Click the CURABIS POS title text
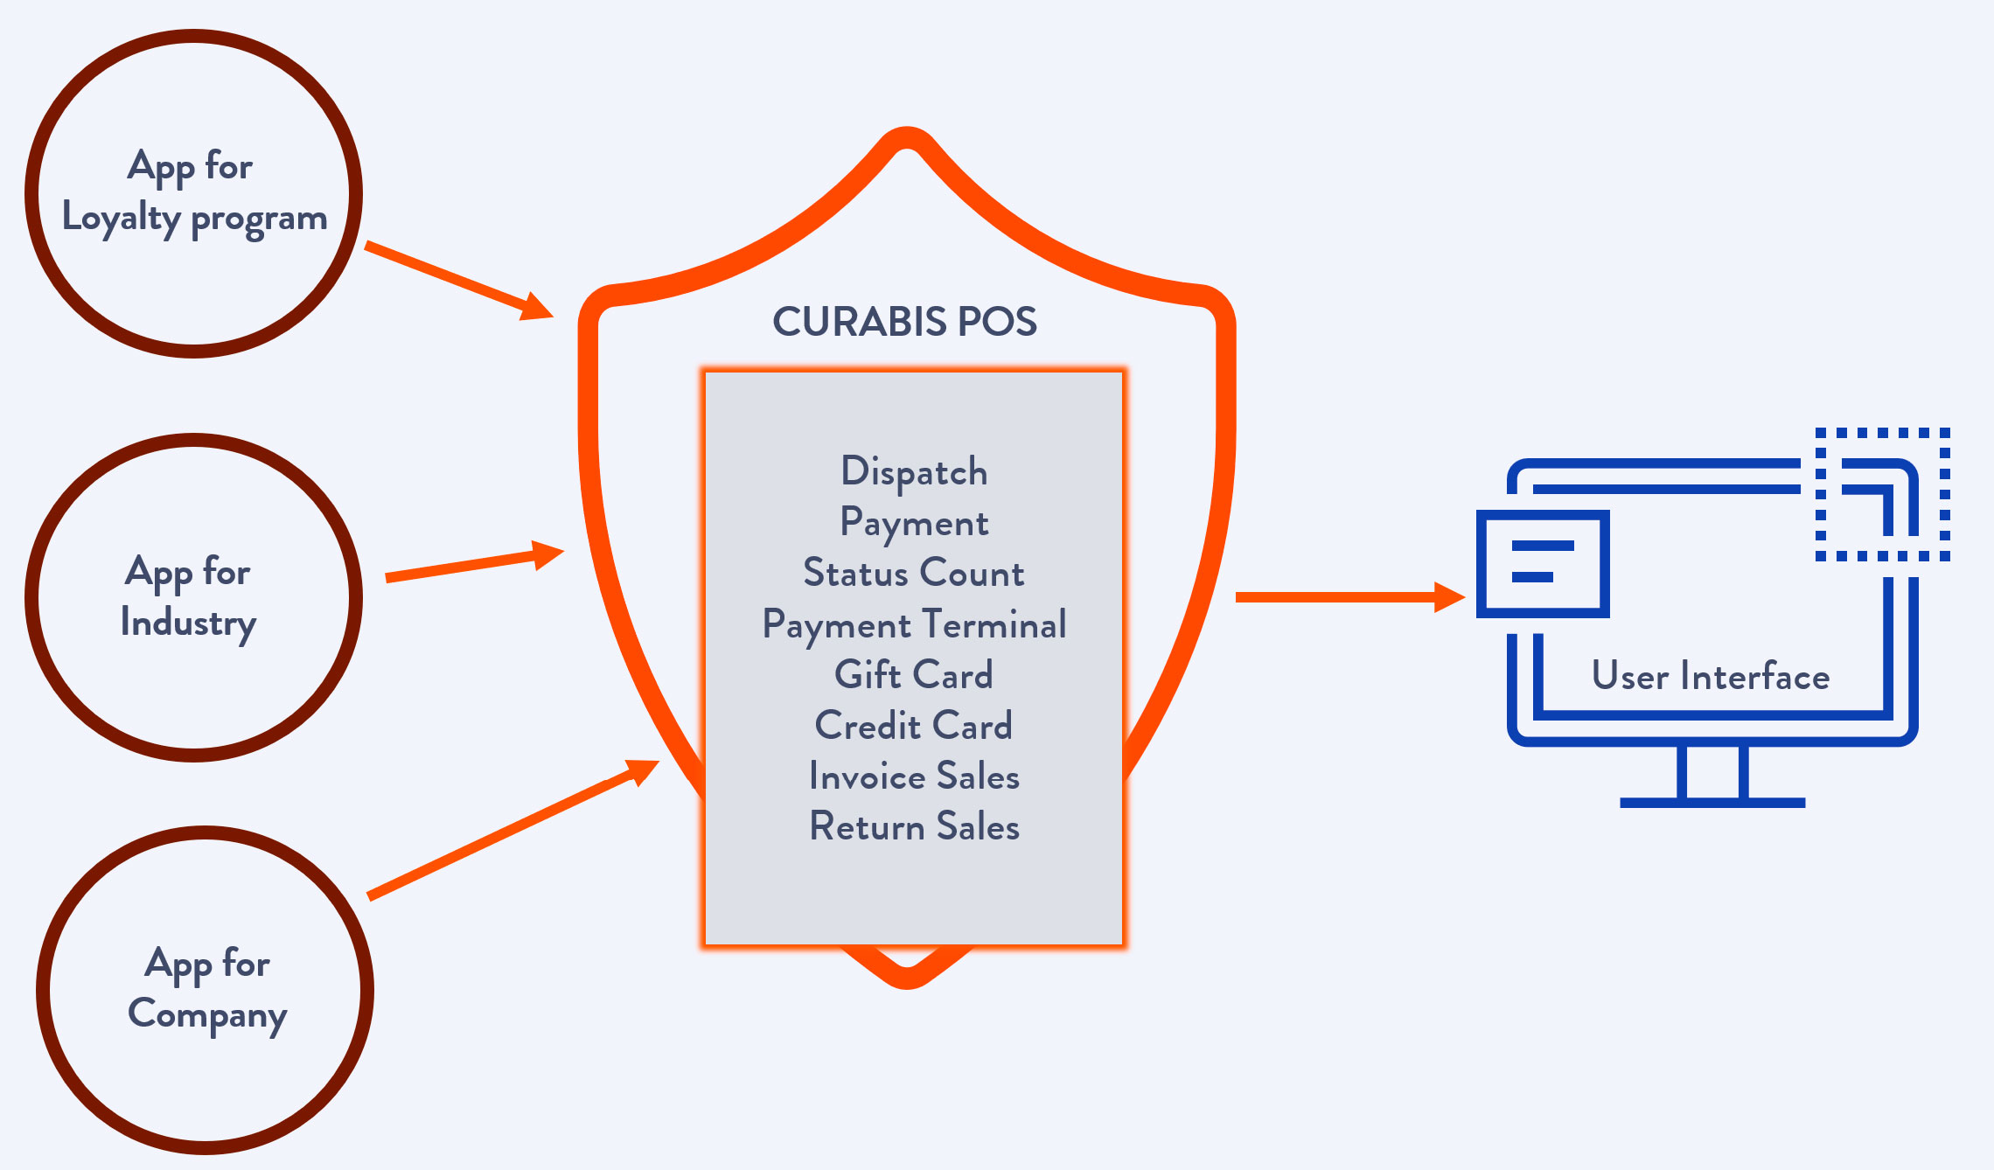click(x=904, y=322)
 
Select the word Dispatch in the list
click(x=914, y=472)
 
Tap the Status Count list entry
click(x=914, y=574)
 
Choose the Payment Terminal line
click(x=914, y=624)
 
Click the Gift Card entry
click(x=914, y=675)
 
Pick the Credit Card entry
click(x=914, y=726)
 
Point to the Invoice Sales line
click(x=914, y=777)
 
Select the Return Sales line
click(x=914, y=827)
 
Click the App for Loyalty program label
click(x=194, y=192)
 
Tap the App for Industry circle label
click(x=189, y=597)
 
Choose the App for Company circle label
click(x=207, y=989)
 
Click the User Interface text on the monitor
click(x=1711, y=677)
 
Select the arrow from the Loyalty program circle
click(x=458, y=280)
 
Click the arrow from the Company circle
click(x=512, y=829)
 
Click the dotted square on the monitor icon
click(x=1882, y=494)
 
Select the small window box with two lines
click(x=1543, y=563)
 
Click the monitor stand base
click(x=1712, y=802)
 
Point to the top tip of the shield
click(x=907, y=137)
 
